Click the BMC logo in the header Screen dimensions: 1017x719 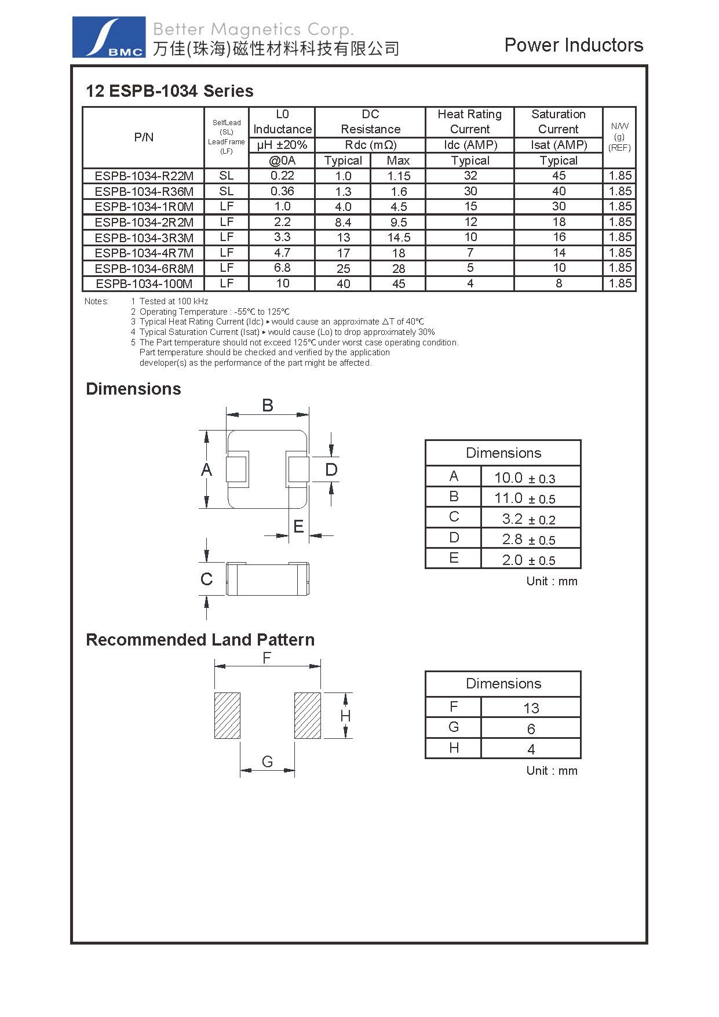point(108,37)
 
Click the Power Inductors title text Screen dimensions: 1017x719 point(573,45)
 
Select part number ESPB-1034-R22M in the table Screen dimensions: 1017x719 point(144,176)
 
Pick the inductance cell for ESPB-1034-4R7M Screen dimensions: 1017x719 point(282,253)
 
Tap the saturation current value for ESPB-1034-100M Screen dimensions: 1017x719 point(559,283)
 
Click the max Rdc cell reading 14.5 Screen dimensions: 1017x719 point(399,238)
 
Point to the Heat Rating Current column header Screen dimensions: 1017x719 point(469,122)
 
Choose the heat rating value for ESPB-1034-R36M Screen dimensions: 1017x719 point(470,191)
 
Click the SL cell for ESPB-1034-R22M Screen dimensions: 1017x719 point(227,176)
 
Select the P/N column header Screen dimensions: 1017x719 point(144,137)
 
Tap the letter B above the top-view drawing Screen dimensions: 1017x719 point(267,405)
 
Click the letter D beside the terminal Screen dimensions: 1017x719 point(331,469)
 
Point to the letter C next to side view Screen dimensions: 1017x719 point(206,579)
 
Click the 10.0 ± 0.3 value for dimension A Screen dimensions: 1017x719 point(524,478)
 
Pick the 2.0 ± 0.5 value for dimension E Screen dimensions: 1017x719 point(528,560)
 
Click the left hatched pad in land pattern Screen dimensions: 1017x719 point(227,715)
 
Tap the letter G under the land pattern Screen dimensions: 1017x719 point(267,761)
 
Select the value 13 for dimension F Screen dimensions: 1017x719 point(531,708)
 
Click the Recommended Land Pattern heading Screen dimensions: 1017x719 point(200,640)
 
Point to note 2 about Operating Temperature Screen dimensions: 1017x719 point(214,312)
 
